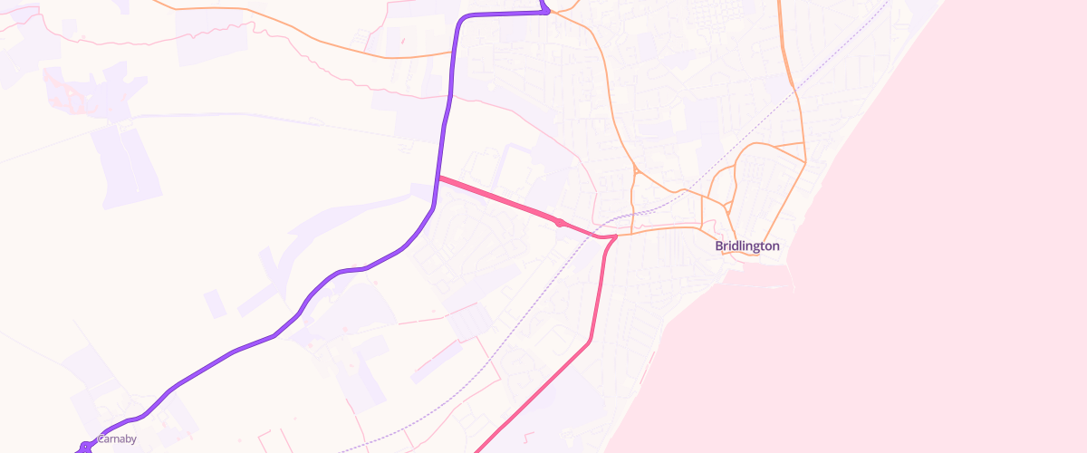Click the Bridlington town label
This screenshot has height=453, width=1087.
(x=747, y=246)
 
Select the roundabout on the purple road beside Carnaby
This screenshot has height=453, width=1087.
(x=84, y=447)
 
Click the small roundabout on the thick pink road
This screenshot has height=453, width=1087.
(x=560, y=223)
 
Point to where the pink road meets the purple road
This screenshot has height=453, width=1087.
(x=438, y=178)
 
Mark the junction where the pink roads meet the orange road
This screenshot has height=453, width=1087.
(x=614, y=237)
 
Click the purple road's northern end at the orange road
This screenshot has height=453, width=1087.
(x=546, y=12)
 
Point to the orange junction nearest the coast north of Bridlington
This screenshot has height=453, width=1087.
(x=804, y=162)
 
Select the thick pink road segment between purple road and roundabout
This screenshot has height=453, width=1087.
(x=498, y=200)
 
